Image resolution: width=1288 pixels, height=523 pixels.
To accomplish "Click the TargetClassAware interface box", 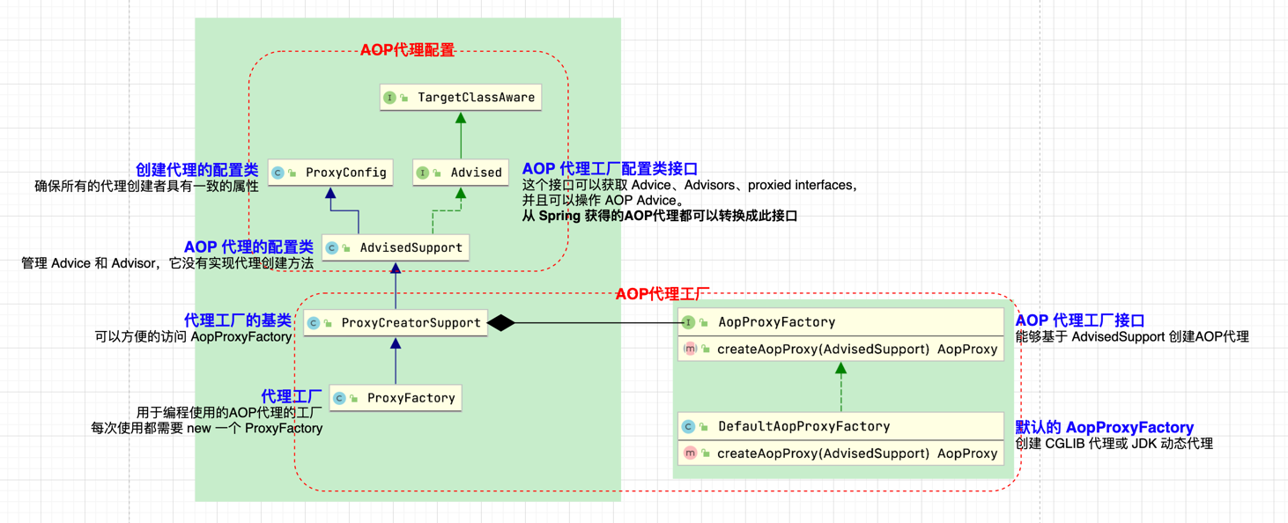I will point(460,97).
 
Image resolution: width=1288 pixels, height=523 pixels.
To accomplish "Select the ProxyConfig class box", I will point(329,173).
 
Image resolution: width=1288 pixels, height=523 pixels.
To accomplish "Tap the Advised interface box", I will point(460,173).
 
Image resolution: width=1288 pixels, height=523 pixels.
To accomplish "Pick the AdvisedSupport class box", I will point(395,247).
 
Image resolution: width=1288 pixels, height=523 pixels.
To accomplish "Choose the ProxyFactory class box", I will point(396,398).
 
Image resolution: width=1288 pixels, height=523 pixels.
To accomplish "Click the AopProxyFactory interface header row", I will point(840,322).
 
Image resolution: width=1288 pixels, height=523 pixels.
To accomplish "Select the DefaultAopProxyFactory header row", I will point(840,426).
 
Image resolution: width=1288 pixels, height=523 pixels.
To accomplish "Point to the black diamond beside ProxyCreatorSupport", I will point(500,323).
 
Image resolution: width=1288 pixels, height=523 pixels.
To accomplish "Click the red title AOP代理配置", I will point(407,50).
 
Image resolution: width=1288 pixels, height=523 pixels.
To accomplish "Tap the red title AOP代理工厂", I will point(663,294).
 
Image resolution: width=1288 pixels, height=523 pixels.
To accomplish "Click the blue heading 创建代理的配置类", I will point(196,170).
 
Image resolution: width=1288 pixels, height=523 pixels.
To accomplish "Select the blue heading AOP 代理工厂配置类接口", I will point(610,168).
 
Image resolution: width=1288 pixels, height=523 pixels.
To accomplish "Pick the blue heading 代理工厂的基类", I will point(237,320).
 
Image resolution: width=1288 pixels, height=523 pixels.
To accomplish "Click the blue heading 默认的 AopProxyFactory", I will point(1104,427).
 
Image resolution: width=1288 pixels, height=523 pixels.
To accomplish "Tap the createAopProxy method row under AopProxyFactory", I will point(840,349).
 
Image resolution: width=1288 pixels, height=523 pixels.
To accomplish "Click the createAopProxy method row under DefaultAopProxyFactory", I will point(840,453).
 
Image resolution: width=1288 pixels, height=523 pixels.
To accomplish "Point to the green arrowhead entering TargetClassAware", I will point(460,117).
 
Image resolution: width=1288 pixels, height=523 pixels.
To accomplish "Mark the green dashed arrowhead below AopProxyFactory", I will point(841,368).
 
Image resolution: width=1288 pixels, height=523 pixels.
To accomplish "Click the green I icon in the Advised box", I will point(422,173).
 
